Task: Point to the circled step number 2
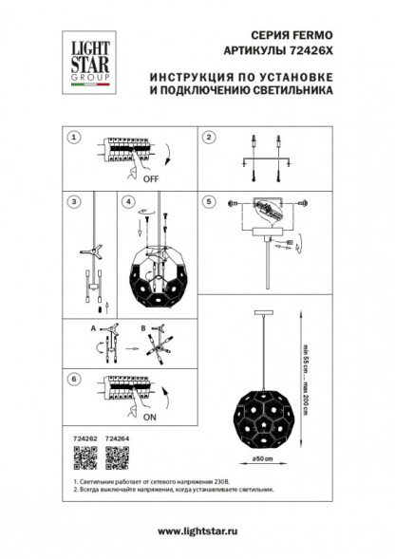pos(207,138)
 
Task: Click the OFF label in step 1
pos(150,177)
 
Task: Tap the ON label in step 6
pos(149,415)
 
